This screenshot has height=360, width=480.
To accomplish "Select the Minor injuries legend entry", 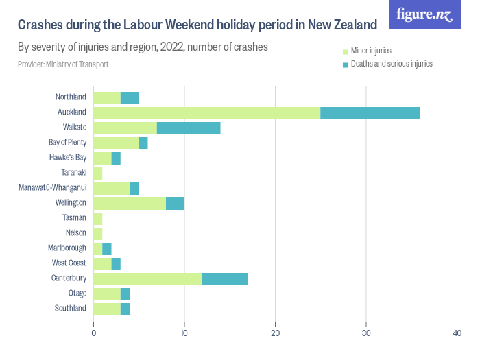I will click(370, 51).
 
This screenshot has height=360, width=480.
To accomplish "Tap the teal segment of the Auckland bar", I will click(370, 112).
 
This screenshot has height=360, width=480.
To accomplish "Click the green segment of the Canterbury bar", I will click(147, 278).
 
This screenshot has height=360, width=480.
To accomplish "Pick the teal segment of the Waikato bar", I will click(189, 128).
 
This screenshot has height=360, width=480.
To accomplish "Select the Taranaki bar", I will click(97, 172).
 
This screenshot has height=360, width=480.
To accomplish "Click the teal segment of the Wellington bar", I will click(175, 202).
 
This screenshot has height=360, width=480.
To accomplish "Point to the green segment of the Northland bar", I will click(106, 97).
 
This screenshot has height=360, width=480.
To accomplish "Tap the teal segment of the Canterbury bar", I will click(225, 278).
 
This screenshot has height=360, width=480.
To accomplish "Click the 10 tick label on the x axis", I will click(184, 333).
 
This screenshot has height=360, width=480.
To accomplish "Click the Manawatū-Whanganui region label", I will click(52, 187).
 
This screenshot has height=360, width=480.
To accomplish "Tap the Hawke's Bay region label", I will click(68, 157).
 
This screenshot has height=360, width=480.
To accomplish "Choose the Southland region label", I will click(71, 308).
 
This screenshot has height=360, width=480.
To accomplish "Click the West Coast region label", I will click(69, 263).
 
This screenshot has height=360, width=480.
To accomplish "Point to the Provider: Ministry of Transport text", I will click(63, 64).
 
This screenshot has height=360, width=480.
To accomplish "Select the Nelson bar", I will click(97, 232).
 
